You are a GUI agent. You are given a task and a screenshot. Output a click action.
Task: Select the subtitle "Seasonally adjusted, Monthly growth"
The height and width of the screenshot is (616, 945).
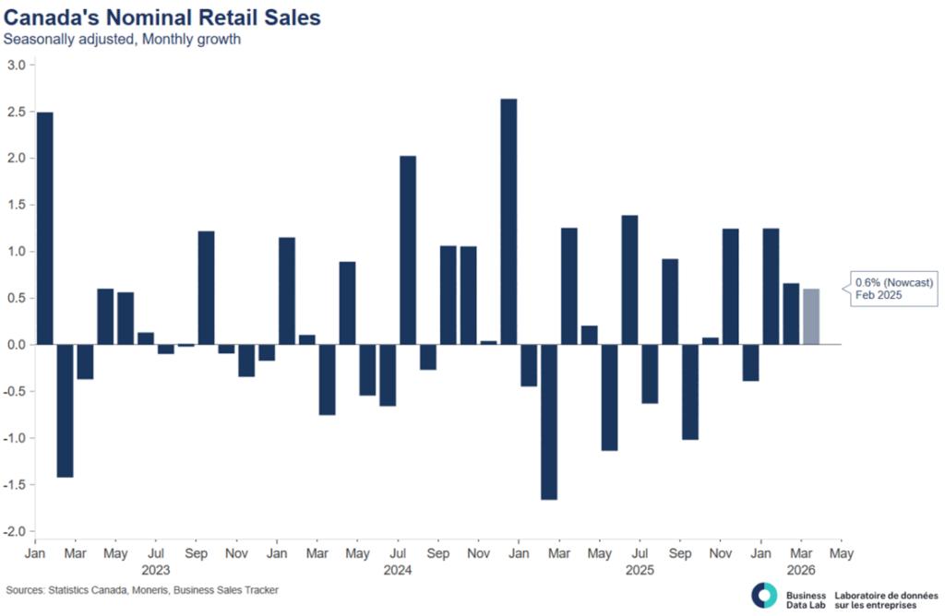(x=122, y=40)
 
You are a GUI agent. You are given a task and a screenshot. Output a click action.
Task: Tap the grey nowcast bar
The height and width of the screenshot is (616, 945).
(x=811, y=316)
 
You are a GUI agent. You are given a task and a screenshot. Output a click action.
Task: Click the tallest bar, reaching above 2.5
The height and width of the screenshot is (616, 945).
(x=508, y=221)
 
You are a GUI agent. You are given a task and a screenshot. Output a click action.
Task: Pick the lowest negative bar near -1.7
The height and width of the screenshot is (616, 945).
(x=549, y=421)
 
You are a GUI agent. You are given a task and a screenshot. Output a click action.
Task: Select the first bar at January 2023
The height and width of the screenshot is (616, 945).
(x=44, y=228)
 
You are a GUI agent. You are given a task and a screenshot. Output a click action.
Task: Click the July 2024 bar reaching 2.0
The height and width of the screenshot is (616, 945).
(x=407, y=250)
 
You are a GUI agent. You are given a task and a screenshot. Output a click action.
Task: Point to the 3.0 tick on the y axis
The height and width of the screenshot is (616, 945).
(x=16, y=65)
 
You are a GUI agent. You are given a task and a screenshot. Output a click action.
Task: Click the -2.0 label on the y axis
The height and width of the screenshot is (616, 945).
(x=14, y=532)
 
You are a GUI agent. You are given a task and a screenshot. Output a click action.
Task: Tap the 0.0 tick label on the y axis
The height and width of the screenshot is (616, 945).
(x=16, y=345)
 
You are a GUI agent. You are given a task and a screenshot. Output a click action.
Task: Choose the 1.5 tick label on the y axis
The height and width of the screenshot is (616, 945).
(x=16, y=205)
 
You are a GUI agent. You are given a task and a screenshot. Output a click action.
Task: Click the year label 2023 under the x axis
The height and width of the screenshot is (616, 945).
(x=156, y=571)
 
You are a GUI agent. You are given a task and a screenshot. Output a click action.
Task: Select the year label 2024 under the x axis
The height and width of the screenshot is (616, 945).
(x=398, y=571)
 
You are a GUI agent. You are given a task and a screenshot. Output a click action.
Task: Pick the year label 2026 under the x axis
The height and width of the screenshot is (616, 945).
(x=801, y=571)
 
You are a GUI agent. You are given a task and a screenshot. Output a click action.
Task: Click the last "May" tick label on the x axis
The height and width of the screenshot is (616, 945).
(x=841, y=554)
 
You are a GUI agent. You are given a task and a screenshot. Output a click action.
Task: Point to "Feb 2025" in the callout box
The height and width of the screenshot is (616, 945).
(x=877, y=297)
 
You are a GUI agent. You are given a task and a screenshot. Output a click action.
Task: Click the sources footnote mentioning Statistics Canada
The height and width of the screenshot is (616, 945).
(x=142, y=590)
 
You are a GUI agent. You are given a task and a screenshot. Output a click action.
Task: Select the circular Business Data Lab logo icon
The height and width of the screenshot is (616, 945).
(x=764, y=596)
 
